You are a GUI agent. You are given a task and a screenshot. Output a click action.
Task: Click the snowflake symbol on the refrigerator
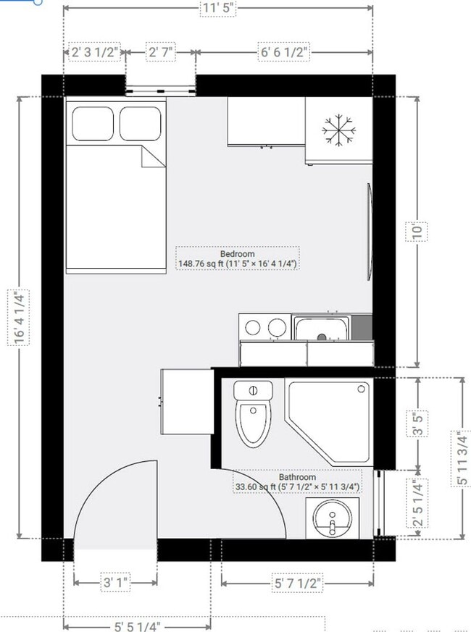(x=337, y=130)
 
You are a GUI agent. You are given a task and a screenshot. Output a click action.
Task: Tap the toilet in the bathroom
(x=252, y=417)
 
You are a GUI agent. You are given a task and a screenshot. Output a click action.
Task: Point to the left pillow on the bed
(x=91, y=124)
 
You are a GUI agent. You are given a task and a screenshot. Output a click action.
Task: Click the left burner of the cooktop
(x=253, y=327)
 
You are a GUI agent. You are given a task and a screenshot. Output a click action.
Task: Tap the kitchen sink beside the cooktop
(x=322, y=329)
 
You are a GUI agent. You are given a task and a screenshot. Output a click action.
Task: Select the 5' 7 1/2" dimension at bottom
(x=297, y=582)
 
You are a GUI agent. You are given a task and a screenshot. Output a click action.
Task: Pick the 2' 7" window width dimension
(x=162, y=52)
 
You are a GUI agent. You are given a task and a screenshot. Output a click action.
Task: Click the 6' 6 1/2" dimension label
(x=284, y=52)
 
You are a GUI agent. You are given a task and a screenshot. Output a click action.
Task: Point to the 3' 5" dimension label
(x=416, y=423)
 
